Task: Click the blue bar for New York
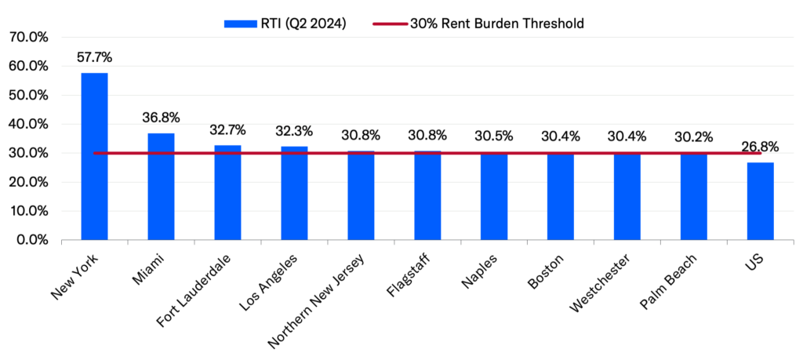(x=94, y=157)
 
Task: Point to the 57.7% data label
(x=94, y=57)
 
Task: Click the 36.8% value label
(x=161, y=118)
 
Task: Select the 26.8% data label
(x=760, y=147)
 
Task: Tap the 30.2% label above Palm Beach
(x=693, y=136)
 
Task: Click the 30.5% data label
(x=494, y=136)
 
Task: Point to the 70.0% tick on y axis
(x=28, y=37)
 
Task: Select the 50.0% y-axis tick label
(x=28, y=95)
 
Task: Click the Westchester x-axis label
(x=595, y=282)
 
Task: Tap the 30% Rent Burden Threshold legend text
(x=496, y=24)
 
